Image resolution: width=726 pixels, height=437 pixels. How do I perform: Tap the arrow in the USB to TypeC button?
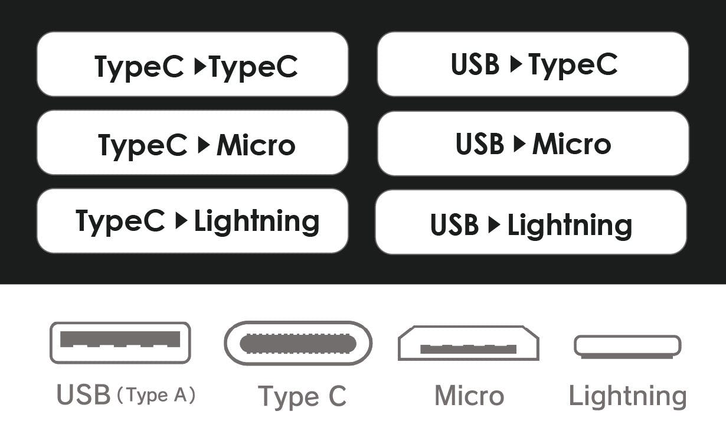tap(516, 64)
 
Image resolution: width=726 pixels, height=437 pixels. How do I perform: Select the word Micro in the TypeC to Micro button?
tap(256, 145)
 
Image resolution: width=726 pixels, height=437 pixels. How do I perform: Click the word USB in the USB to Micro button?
tap(480, 144)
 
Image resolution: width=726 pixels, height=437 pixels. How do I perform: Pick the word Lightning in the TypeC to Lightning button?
tap(257, 221)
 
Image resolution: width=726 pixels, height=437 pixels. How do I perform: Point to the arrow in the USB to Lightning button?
tap(495, 224)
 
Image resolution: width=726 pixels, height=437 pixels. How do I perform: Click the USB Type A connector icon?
tap(120, 343)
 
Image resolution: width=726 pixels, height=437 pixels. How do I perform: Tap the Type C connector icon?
tap(298, 343)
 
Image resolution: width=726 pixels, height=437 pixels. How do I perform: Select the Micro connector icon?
tap(469, 343)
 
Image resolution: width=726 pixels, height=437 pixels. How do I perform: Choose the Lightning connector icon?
tap(627, 347)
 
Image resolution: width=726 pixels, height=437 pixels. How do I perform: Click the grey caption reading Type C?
tap(302, 397)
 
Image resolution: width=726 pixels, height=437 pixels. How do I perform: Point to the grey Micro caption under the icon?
tap(469, 396)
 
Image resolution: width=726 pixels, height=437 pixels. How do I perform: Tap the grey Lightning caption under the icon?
tap(628, 397)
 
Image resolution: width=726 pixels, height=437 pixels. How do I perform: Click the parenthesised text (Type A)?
tap(156, 395)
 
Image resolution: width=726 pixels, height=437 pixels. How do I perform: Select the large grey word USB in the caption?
tap(84, 394)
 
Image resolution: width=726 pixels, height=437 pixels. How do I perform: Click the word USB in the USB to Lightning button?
tap(454, 224)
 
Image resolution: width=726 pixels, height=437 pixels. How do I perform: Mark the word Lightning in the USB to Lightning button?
tap(570, 226)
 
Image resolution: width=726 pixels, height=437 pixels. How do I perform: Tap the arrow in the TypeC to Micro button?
tap(204, 145)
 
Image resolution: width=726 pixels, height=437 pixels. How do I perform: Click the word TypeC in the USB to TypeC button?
tap(573, 65)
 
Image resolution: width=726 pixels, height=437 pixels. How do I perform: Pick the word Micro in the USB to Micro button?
tap(572, 144)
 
